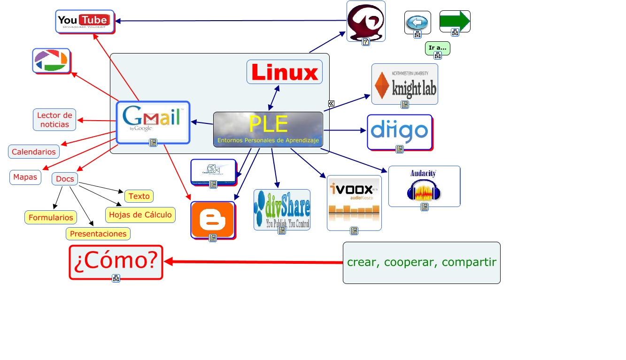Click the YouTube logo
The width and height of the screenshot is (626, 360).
[85, 21]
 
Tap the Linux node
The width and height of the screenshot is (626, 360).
[285, 72]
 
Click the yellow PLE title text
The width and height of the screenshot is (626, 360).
[268, 124]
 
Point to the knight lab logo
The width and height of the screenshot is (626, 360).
[405, 83]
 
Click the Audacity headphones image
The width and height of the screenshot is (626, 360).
[424, 186]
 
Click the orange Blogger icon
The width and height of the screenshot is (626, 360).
[213, 219]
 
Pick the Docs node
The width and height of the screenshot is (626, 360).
[65, 179]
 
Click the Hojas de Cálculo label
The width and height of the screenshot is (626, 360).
[140, 215]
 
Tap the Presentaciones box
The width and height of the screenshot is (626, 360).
[98, 234]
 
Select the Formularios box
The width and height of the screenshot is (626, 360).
[51, 217]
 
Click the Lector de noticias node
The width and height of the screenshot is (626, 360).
[54, 120]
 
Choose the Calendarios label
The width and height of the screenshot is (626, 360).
[34, 152]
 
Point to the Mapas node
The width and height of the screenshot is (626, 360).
[25, 177]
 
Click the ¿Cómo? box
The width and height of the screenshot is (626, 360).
[116, 261]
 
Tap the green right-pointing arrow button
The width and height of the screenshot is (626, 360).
[455, 21]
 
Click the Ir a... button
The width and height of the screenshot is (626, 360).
[437, 47]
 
